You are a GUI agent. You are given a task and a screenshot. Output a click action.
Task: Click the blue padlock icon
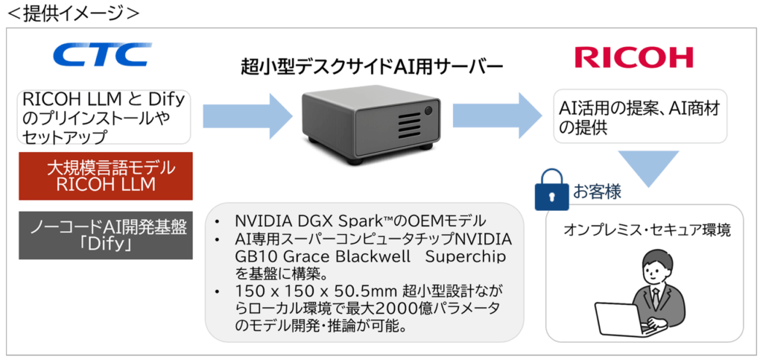(x=552, y=192)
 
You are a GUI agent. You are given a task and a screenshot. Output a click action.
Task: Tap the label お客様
(x=597, y=192)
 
